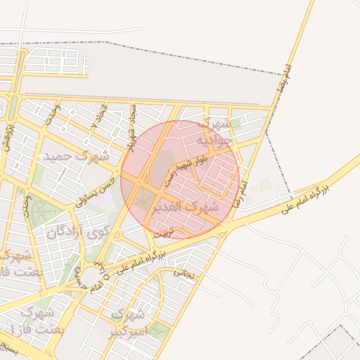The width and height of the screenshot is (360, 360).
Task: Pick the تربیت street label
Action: (x=162, y=231)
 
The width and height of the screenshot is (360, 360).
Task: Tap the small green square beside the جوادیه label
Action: (x=237, y=124)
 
